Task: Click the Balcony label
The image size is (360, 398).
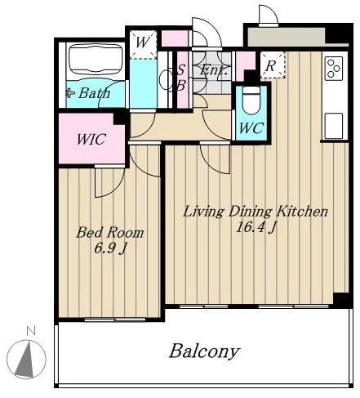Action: tap(204, 351)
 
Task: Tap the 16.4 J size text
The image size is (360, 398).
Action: tap(256, 227)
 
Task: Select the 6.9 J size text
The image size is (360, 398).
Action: tap(110, 248)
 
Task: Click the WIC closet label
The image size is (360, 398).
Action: tap(91, 139)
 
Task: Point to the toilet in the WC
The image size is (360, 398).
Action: tap(251, 101)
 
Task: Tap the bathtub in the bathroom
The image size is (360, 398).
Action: tap(96, 60)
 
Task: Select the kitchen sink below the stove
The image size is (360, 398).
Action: tap(334, 126)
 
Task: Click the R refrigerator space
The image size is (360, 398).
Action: tap(273, 65)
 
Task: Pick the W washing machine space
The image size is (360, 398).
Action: tap(143, 44)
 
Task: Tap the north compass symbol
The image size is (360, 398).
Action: tap(26, 360)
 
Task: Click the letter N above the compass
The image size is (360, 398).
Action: tap(31, 330)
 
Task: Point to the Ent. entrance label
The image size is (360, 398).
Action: tap(213, 70)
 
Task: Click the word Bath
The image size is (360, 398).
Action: tap(94, 93)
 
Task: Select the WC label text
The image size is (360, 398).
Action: tap(251, 127)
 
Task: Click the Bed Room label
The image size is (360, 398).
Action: tap(110, 233)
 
